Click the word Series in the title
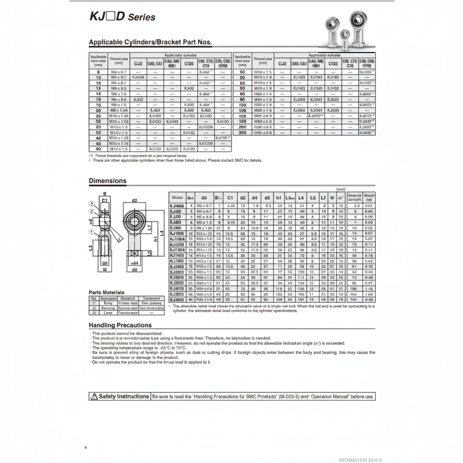[143, 17]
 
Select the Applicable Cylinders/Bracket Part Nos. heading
[150, 42]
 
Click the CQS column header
[189, 63]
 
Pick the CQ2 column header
[333, 63]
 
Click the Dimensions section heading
[108, 181]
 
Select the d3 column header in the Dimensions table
[204, 197]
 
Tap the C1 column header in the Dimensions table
[230, 197]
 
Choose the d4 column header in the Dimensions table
[254, 197]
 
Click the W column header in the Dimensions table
[332, 197]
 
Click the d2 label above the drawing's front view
[135, 201]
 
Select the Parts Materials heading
[107, 292]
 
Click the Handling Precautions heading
[120, 325]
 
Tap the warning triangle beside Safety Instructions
[94, 396]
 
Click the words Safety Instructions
[124, 396]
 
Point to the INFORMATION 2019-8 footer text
[360, 460]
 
